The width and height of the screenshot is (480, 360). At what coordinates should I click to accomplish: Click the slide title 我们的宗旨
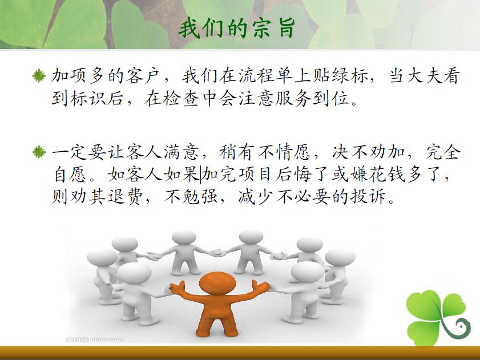(x=237, y=29)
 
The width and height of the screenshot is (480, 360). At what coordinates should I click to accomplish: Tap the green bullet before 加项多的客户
(x=39, y=76)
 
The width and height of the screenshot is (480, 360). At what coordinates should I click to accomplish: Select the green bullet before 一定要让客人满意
(x=39, y=152)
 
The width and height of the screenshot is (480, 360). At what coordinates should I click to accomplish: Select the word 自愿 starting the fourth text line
(x=70, y=175)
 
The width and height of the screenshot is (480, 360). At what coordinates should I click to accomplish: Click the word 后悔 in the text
(x=293, y=175)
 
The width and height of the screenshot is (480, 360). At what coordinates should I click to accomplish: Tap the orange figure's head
(x=217, y=283)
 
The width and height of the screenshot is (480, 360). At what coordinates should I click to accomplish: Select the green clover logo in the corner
(x=438, y=317)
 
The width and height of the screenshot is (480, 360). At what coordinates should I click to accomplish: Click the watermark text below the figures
(x=96, y=339)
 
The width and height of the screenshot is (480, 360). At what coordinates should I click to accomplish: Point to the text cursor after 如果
(x=201, y=175)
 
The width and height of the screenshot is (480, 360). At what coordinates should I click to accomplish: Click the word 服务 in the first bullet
(x=293, y=99)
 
